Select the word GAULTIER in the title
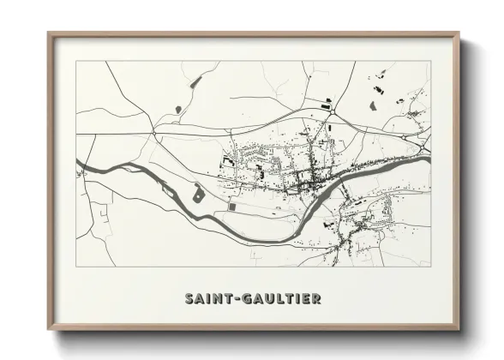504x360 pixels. [x=281, y=299]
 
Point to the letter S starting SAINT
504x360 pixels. [x=189, y=299]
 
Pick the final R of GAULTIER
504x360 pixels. [x=318, y=299]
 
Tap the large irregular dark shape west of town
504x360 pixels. [x=198, y=193]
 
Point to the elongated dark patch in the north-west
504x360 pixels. [x=196, y=81]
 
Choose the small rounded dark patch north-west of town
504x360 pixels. [x=177, y=109]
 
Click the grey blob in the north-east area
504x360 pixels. [x=373, y=105]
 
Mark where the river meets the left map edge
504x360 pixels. [x=77, y=160]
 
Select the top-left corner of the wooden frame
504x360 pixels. [x=49, y=33]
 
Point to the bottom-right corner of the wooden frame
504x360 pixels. [x=460, y=330]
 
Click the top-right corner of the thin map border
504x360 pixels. [x=430, y=61]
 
